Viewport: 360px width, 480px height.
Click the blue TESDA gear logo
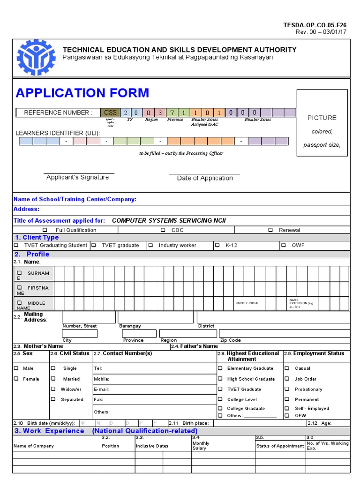point(36,57)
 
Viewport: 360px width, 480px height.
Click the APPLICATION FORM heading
point(82,93)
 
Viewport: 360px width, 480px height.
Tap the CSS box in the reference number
point(110,112)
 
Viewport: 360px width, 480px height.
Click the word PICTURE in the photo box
point(322,118)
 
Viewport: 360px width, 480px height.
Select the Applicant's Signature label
point(78,177)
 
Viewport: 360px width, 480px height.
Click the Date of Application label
point(205,178)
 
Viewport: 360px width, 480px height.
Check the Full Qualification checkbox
point(45,230)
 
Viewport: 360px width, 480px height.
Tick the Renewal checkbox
point(270,230)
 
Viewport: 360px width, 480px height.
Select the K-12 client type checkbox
point(217,245)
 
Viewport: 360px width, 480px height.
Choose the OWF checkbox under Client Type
point(284,245)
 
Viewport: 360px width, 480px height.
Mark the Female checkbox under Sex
point(16,379)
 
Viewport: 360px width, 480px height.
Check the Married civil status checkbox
point(53,379)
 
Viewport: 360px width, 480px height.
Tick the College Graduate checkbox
point(220,408)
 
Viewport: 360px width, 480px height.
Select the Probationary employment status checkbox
point(287,389)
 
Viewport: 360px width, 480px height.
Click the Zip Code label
point(230,340)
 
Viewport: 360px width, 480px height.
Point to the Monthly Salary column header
point(201,446)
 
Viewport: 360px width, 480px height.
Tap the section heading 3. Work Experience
point(49,431)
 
